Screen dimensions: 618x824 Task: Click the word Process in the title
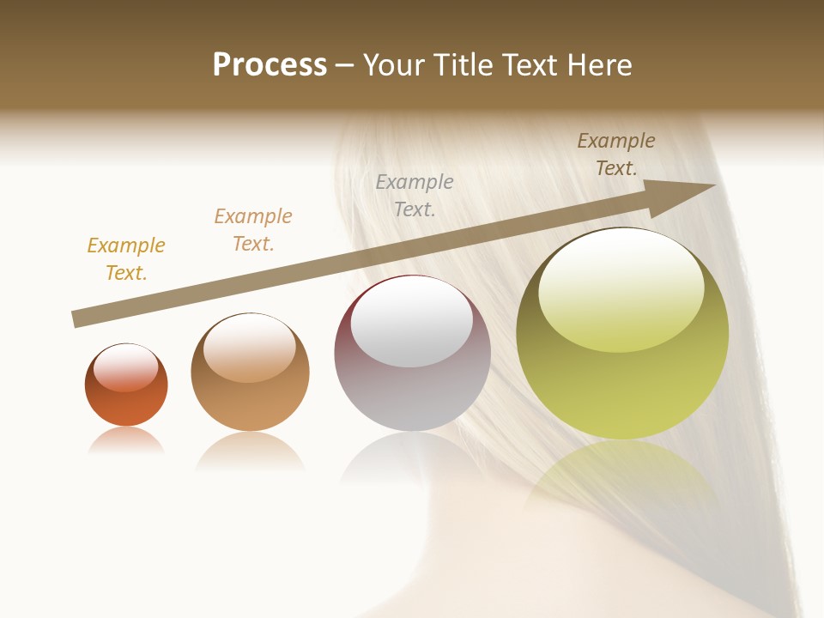[x=270, y=65]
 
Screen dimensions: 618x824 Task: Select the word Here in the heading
[x=597, y=65]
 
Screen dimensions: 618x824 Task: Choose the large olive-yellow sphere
[x=622, y=386]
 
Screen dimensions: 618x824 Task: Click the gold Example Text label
[x=125, y=259]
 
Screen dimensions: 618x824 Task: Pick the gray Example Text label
[x=415, y=196]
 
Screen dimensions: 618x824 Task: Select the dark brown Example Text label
[x=616, y=154]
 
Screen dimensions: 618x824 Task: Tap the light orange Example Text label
[x=253, y=230]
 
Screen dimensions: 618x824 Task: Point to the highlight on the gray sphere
[x=412, y=326]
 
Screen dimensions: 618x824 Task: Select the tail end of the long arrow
[x=79, y=319]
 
